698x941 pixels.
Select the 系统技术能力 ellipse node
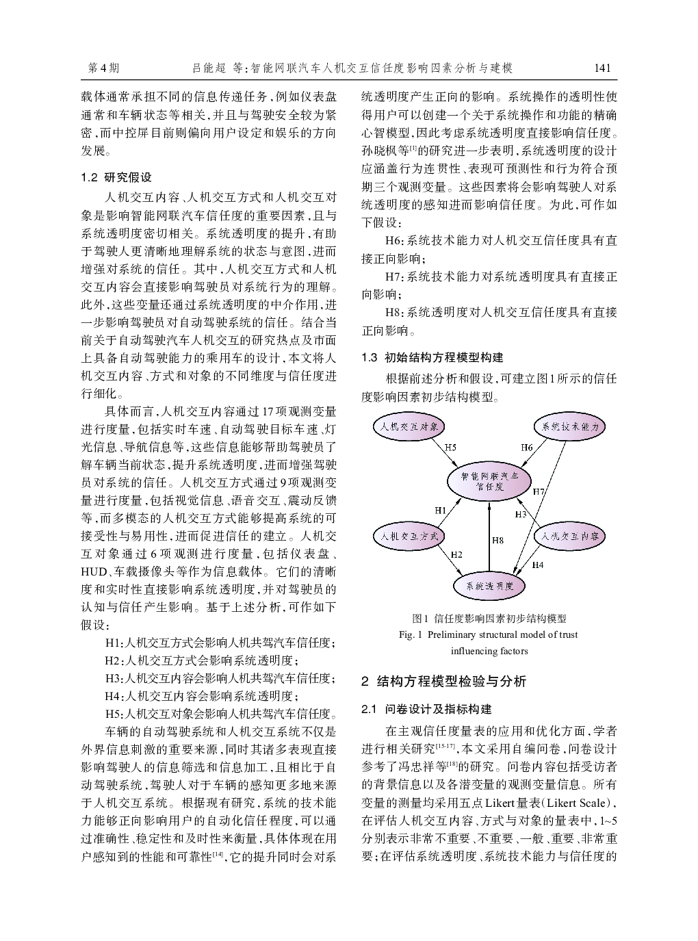click(x=569, y=426)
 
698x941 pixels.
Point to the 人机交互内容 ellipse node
click(x=569, y=536)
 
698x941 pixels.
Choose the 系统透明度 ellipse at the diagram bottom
click(x=489, y=586)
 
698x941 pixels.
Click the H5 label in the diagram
click(x=450, y=448)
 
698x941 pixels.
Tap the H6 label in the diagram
click(x=526, y=448)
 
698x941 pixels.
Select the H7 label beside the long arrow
click(x=539, y=491)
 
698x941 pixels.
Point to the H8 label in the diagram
click(x=497, y=541)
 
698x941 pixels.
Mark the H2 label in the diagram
click(x=456, y=554)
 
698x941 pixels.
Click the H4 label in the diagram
click(x=538, y=565)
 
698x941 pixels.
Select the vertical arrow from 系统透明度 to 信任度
click(x=489, y=537)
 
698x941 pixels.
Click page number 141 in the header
click(x=602, y=68)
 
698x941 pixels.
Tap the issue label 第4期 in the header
click(x=104, y=68)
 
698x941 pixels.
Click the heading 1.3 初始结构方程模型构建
click(x=432, y=357)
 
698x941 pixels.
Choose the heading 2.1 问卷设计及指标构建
click(x=426, y=709)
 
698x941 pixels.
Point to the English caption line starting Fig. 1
click(x=489, y=634)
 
